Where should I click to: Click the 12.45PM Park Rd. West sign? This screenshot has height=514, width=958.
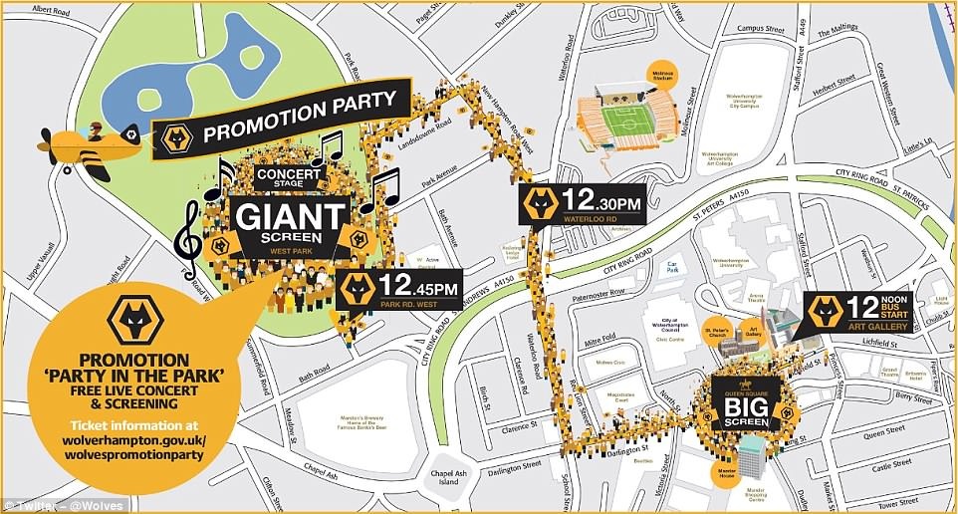pos(402,291)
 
